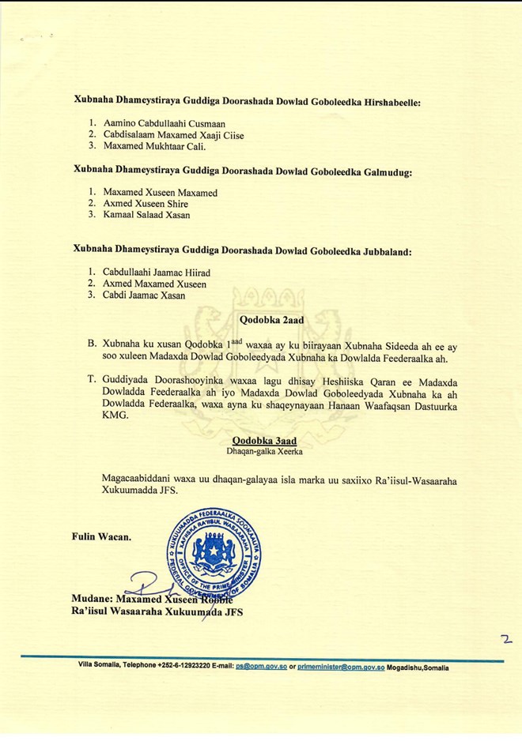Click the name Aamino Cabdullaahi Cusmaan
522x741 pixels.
pyautogui.click(x=164, y=123)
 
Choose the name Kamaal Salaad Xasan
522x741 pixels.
pyautogui.click(x=146, y=215)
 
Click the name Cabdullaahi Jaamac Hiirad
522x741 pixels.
pyautogui.click(x=157, y=273)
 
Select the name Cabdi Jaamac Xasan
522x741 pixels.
pyautogui.click(x=144, y=295)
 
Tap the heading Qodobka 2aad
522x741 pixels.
pyautogui.click(x=272, y=320)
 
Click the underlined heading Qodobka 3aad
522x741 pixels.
pyautogui.click(x=264, y=441)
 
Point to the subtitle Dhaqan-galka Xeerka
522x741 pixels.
pyautogui.click(x=264, y=452)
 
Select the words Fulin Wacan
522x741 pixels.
pyautogui.click(x=101, y=536)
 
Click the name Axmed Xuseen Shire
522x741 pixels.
pyautogui.click(x=146, y=204)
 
